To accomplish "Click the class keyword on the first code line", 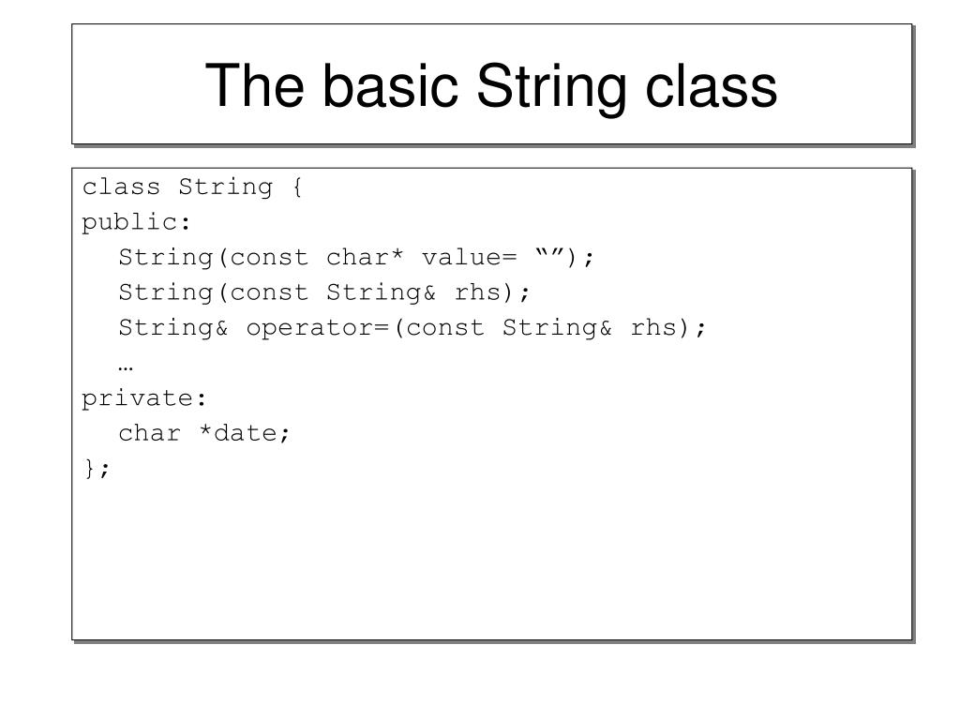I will [x=121, y=187].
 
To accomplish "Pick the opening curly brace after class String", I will [x=296, y=187].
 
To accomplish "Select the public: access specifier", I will [x=137, y=222].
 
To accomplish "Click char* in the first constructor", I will [x=366, y=258].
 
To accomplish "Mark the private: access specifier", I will [x=144, y=398].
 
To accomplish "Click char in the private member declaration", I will [x=149, y=433].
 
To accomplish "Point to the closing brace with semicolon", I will [x=97, y=469].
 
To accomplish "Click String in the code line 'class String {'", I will [x=225, y=187].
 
